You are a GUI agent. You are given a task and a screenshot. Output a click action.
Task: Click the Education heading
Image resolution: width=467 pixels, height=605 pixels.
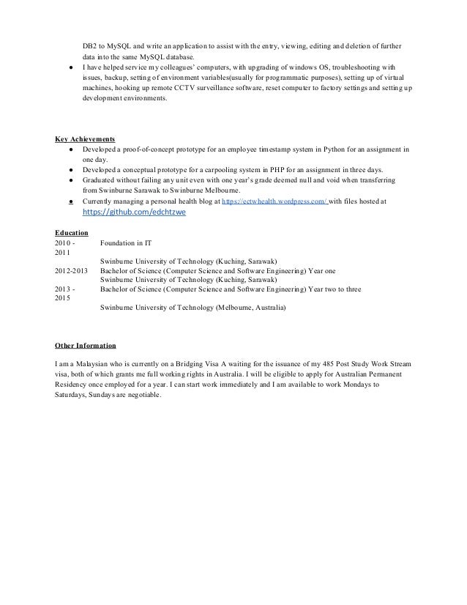[72, 233]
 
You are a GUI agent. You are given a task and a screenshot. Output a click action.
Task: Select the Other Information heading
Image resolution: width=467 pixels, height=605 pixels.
[85, 345]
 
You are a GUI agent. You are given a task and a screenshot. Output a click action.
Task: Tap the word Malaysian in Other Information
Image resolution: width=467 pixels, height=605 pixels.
[90, 363]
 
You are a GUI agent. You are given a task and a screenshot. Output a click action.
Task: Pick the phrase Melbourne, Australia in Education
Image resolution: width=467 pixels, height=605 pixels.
[250, 308]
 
